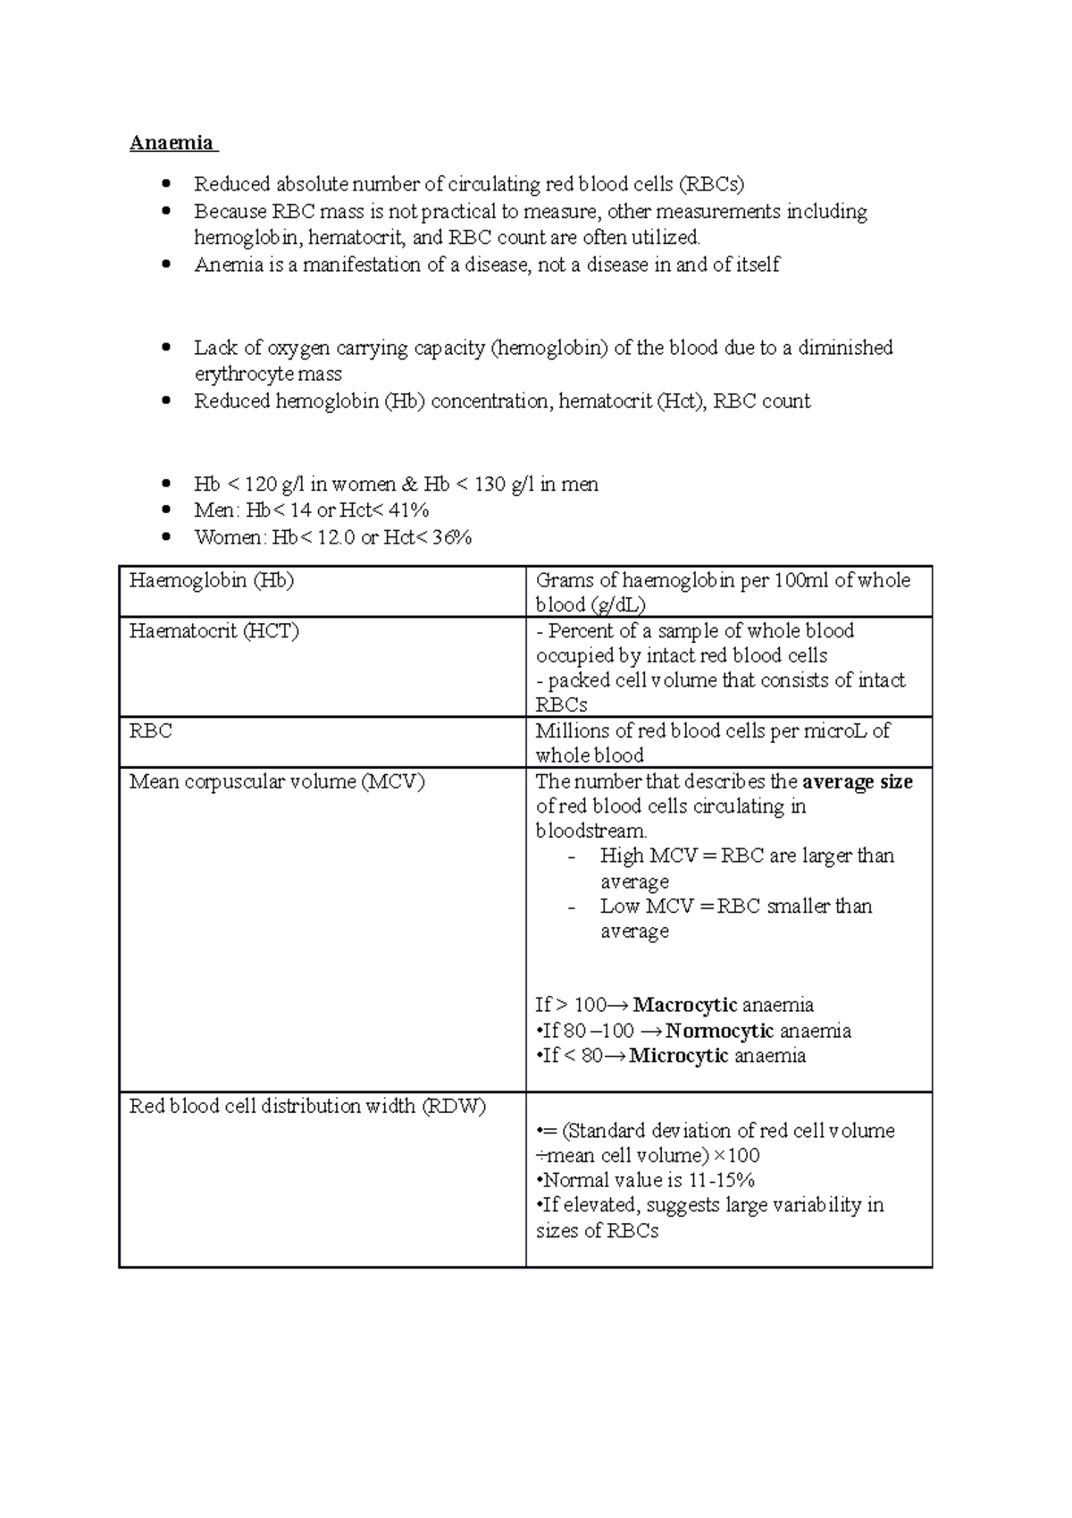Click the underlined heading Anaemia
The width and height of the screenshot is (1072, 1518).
point(172,143)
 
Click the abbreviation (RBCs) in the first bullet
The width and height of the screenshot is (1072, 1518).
point(710,184)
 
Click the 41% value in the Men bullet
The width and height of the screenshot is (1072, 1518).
point(409,510)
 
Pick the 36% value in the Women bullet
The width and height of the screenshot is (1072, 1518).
point(451,537)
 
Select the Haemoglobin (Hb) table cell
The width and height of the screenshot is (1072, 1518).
point(212,580)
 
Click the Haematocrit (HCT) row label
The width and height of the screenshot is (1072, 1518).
point(214,631)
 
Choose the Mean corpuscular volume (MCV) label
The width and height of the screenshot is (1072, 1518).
point(277,781)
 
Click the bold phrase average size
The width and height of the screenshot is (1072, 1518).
point(858,781)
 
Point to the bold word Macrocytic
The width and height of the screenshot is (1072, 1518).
point(685,1005)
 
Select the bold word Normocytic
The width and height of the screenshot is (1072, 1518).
point(719,1031)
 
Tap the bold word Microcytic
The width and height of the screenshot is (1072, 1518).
point(679,1056)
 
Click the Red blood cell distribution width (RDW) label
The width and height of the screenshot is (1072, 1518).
point(307,1106)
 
